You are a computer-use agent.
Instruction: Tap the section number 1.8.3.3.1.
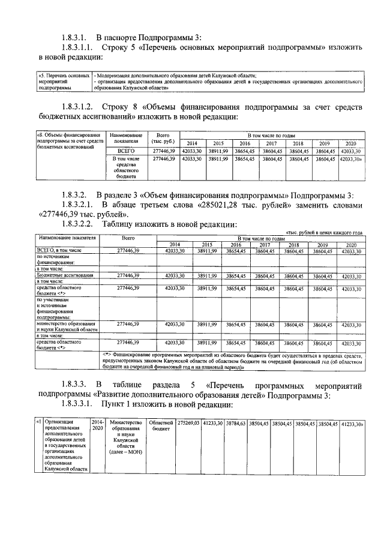81,404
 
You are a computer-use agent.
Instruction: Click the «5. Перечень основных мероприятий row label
63,81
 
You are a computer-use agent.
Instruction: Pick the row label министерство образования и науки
66,326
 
